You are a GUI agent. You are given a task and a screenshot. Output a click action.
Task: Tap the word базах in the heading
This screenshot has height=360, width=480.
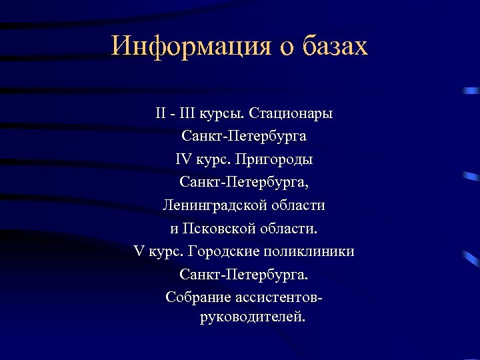[335, 46]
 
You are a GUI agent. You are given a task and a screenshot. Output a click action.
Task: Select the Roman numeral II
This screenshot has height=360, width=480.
[161, 114]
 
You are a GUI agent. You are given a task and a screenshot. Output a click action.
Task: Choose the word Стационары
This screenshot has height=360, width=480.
[291, 114]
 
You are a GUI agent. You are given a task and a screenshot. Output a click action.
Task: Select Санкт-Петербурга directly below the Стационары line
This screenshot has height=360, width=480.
[243, 137]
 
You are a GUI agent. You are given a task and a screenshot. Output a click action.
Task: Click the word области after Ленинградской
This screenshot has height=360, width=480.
[297, 205]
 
